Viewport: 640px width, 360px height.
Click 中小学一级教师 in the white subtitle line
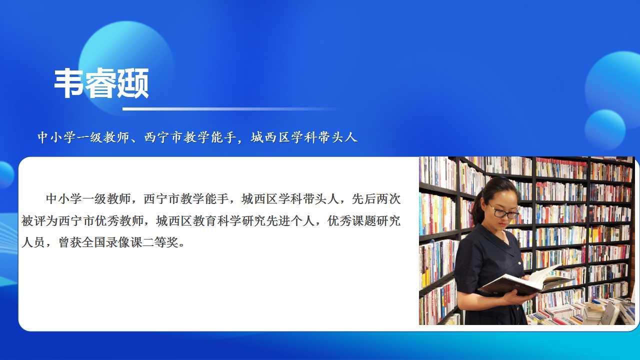pyautogui.click(x=83, y=137)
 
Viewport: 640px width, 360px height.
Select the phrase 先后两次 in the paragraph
pyautogui.click(x=376, y=199)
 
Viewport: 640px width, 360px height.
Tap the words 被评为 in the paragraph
pyautogui.click(x=39, y=221)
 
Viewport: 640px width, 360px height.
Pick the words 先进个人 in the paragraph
pyautogui.click(x=290, y=221)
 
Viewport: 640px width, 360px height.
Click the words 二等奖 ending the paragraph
pyautogui.click(x=160, y=242)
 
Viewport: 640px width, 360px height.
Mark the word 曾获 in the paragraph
pyautogui.click(x=70, y=242)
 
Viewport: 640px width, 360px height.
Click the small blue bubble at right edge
pyautogui.click(x=605, y=129)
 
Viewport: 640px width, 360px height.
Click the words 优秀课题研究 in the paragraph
pyautogui.click(x=364, y=221)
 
